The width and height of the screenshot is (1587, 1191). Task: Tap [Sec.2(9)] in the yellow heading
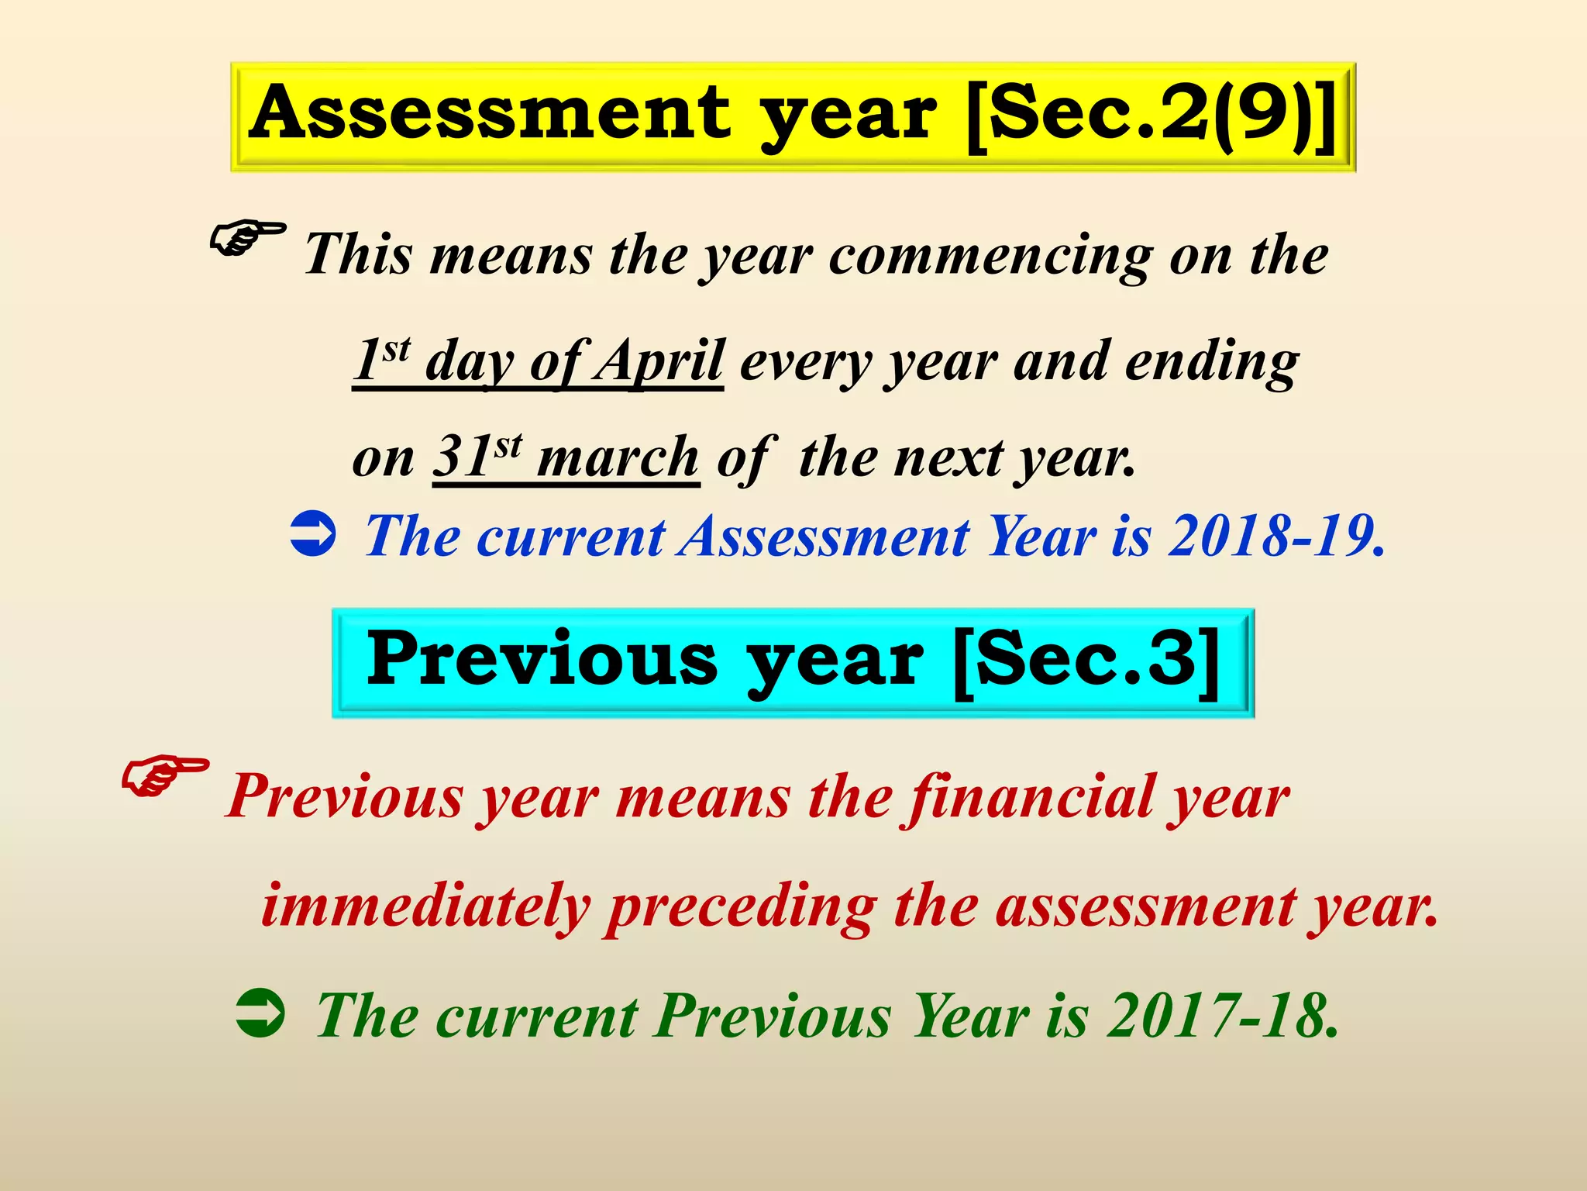tap(1153, 116)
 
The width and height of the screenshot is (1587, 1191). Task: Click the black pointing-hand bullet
tap(247, 238)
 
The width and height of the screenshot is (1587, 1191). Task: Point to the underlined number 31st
tap(477, 457)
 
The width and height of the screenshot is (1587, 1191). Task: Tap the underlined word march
tap(618, 459)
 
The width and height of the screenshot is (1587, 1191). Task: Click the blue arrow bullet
tap(312, 534)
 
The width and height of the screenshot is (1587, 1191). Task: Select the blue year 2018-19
tap(1275, 537)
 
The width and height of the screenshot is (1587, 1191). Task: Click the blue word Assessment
tap(824, 537)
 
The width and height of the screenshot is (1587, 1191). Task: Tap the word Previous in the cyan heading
tap(542, 661)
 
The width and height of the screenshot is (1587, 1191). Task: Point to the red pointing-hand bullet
tap(164, 776)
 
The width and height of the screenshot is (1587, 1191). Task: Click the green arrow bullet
tap(260, 1013)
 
